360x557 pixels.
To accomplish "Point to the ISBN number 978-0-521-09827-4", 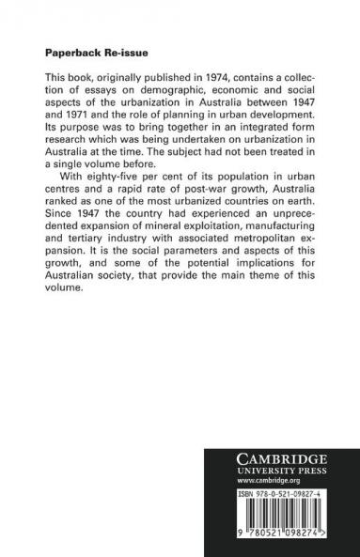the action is point(290,490).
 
